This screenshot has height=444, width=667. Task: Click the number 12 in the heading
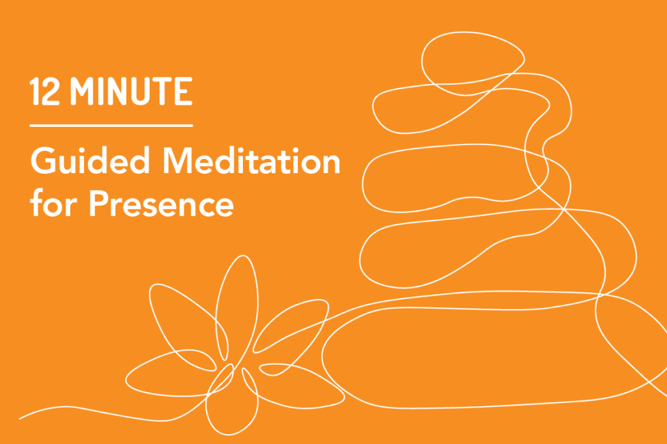46,92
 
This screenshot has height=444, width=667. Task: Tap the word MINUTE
132,92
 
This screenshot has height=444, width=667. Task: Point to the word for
52,203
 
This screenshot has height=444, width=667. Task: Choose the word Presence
160,203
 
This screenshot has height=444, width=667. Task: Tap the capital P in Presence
98,203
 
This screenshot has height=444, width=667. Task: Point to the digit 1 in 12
35,92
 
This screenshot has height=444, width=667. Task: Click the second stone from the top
456,107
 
